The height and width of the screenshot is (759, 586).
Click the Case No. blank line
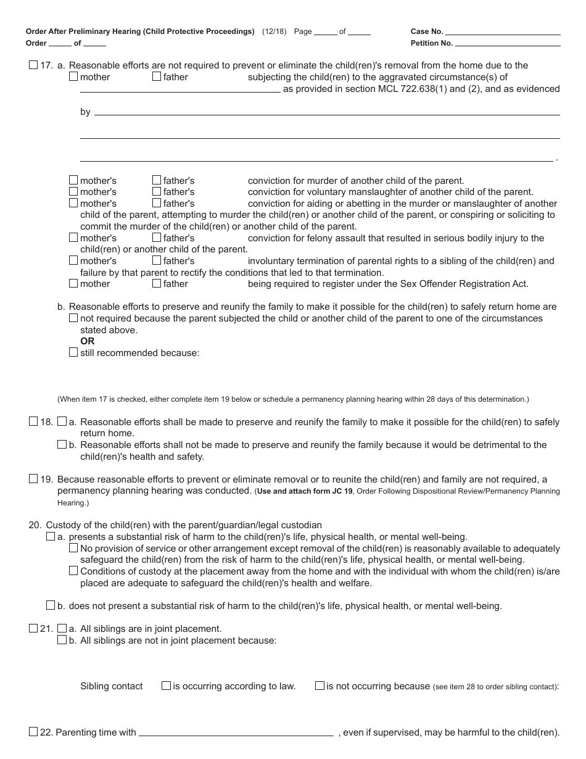pos(503,32)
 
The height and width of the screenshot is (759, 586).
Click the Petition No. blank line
pos(508,44)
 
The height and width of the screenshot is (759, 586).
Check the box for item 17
pos(33,65)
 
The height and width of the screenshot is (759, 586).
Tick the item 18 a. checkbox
pos(62,421)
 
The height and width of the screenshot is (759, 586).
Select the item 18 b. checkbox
pos(62,444)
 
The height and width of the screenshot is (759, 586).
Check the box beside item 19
pos(33,479)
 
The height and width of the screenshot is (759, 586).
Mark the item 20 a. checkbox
pos(51,537)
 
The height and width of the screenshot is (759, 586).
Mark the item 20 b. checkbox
pos(51,605)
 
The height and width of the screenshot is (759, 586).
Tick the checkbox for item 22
pos(33,732)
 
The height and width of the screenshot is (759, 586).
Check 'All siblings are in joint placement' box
pos(62,628)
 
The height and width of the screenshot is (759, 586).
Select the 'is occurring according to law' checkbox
pos(166,686)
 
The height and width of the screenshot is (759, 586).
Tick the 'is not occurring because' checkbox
pos(320,686)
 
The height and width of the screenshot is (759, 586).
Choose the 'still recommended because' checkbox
pos(73,352)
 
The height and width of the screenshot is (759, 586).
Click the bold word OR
pos(88,341)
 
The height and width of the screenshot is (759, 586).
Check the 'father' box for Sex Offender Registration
pos(157,284)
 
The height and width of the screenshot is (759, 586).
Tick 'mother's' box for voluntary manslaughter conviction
pos(73,192)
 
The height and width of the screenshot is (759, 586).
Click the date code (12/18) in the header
pos(274,31)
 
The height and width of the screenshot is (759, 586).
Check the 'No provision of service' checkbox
pos(73,548)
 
